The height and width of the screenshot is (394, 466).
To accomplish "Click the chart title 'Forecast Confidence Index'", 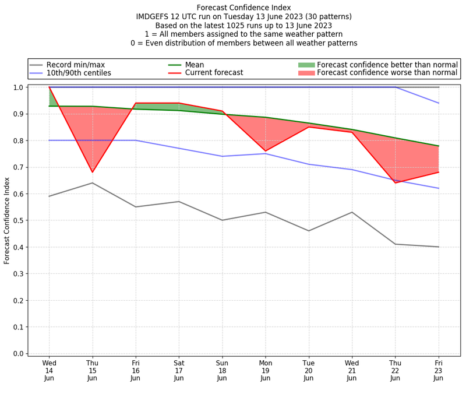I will click(x=243, y=8).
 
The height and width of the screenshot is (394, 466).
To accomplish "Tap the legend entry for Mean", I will click(x=196, y=65).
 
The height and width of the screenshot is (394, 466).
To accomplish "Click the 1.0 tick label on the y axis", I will click(x=19, y=87).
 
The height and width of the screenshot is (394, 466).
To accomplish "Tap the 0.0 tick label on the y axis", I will click(x=19, y=354).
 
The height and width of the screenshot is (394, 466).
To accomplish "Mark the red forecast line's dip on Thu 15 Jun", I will click(x=92, y=173).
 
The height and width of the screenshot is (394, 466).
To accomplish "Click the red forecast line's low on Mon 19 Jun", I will click(x=266, y=151).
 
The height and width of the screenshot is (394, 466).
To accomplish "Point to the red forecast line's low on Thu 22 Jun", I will click(x=396, y=183).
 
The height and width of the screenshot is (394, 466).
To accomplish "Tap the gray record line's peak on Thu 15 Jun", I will click(x=92, y=183).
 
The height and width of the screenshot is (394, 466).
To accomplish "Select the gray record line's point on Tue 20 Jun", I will click(x=309, y=231).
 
